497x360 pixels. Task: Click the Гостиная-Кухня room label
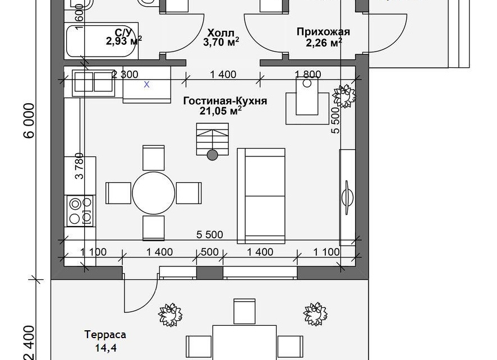(x=225, y=101)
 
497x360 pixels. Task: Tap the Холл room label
(x=221, y=33)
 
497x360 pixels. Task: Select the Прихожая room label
(x=323, y=32)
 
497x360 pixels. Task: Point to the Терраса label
(x=105, y=335)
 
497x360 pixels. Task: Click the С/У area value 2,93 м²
(x=124, y=41)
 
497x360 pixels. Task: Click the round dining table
(x=153, y=193)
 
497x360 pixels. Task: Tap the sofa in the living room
(x=261, y=196)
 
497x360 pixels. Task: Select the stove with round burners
(x=80, y=211)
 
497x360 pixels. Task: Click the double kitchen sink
(x=94, y=83)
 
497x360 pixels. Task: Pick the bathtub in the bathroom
(x=101, y=41)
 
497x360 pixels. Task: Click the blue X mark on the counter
(x=146, y=85)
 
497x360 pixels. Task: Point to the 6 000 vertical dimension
(x=29, y=121)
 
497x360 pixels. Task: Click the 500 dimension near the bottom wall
(x=209, y=252)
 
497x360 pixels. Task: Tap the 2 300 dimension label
(x=125, y=75)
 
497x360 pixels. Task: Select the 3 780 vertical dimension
(x=80, y=166)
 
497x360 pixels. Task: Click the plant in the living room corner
(x=344, y=96)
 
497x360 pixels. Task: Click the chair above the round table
(x=153, y=158)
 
